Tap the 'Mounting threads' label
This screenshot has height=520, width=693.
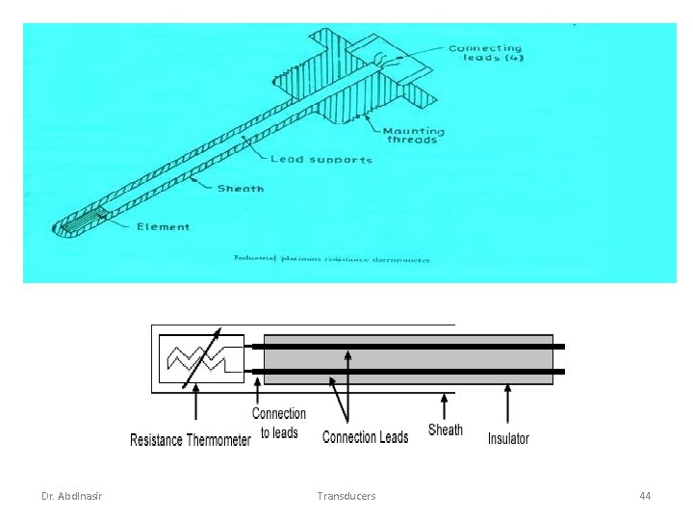(413, 135)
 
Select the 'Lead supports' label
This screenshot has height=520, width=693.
(321, 159)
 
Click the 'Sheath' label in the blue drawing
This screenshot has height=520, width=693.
(241, 189)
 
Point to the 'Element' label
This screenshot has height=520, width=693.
(163, 227)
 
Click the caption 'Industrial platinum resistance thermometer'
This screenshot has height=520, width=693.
(333, 258)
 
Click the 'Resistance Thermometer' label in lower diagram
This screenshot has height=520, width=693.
(191, 440)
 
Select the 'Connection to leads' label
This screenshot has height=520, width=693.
(279, 424)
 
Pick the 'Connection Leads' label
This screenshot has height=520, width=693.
(365, 437)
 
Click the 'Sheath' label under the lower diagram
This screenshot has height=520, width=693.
(445, 430)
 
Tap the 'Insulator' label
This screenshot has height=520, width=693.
(508, 438)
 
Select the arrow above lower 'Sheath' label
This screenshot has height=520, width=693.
(444, 404)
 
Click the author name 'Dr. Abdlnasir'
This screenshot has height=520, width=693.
(72, 496)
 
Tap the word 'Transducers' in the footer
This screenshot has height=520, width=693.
(346, 496)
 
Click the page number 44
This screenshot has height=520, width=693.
(645, 496)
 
